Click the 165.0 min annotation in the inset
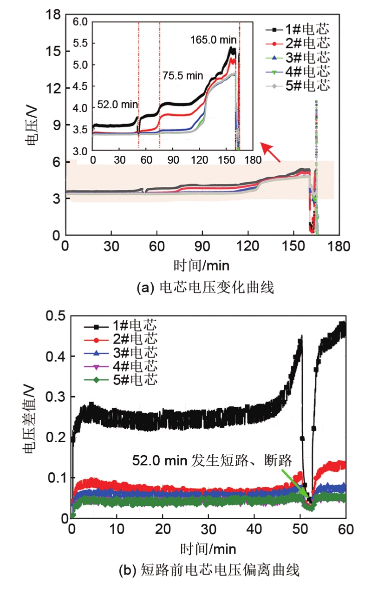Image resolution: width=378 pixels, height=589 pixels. pyautogui.click(x=213, y=40)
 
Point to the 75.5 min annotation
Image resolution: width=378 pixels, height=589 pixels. pyautogui.click(x=182, y=75)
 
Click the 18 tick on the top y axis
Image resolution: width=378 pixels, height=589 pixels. pyautogui.click(x=54, y=15)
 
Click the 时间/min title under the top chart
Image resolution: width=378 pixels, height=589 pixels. pyautogui.click(x=201, y=265)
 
